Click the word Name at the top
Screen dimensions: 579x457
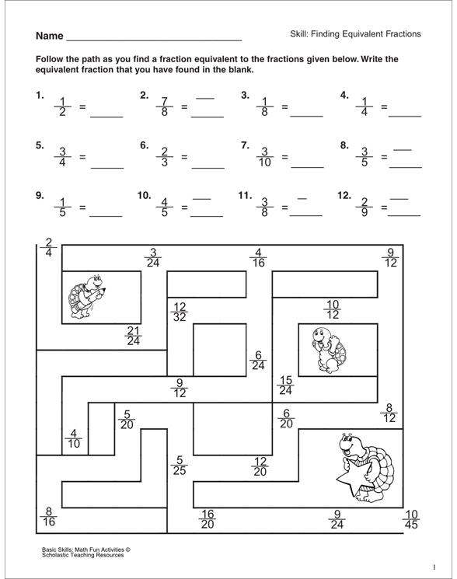(48, 37)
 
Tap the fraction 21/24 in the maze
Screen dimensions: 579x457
(134, 334)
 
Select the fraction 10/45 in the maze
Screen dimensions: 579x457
(411, 518)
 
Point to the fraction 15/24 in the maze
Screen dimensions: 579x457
(286, 385)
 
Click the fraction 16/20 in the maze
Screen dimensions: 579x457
(207, 518)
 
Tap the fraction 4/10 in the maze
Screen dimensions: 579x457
(74, 439)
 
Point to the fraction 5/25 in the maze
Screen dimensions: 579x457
(180, 466)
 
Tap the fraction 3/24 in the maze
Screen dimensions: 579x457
(153, 256)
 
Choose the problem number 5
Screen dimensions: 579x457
(39, 145)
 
